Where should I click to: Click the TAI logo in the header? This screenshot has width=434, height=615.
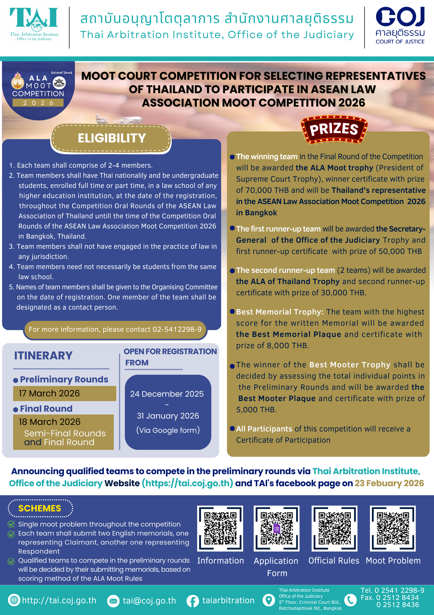34,24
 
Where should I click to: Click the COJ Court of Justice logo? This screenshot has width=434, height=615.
400,25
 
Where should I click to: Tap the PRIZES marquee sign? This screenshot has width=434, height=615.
334,129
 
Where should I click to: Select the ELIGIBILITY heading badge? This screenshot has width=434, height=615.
111,138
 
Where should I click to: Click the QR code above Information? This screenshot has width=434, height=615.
220,528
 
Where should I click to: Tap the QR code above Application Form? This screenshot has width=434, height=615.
276,528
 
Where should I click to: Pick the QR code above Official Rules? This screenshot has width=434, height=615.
334,528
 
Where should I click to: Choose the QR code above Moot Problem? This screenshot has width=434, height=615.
393,528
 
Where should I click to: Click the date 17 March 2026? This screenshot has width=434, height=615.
49,393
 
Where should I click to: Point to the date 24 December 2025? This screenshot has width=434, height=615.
167,394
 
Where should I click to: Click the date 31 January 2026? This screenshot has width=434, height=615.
168,416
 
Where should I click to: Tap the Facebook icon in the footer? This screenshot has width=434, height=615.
193,601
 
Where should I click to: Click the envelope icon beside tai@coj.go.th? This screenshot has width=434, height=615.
113,601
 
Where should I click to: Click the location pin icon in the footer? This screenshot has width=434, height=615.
269,600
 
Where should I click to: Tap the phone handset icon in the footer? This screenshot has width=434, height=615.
350,600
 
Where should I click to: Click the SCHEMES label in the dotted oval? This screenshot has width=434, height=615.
40,508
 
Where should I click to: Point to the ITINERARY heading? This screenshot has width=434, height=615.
43,356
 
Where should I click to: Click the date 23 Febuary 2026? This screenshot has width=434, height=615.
389,483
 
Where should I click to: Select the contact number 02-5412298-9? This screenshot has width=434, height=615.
177,329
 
